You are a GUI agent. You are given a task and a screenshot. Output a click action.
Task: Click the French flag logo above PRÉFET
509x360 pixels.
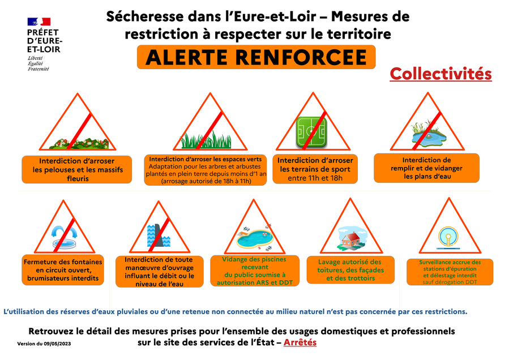click(x=39, y=22)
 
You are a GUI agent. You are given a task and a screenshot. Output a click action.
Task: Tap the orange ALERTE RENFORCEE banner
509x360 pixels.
click(x=256, y=57)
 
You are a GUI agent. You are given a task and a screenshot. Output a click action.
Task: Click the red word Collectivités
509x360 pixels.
click(x=440, y=74)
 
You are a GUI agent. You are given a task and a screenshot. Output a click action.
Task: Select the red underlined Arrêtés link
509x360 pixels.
click(x=300, y=342)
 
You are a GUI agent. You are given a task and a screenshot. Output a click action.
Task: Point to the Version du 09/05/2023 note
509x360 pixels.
click(x=44, y=344)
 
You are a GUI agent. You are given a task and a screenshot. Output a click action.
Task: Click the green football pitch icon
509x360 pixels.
click(x=311, y=132)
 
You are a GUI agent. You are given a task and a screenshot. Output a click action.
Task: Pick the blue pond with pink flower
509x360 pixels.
click(x=427, y=133)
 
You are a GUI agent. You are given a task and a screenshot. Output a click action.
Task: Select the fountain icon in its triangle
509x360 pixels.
click(x=65, y=238)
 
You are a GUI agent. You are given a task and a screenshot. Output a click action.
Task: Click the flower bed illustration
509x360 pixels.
click(x=79, y=143)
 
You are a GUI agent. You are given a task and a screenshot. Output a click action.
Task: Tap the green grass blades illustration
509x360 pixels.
click(x=206, y=140)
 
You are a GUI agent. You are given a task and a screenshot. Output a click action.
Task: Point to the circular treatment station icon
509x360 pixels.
click(x=448, y=238)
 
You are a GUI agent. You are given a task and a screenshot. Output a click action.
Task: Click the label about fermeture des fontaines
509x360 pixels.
click(x=63, y=270)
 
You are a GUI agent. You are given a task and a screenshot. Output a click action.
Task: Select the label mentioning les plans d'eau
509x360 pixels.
click(x=426, y=168)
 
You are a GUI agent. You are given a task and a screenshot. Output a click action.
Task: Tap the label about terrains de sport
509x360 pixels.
click(x=315, y=169)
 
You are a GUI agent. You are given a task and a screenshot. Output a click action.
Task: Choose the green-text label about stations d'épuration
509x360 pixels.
click(x=450, y=272)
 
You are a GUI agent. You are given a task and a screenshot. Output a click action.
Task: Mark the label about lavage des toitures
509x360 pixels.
click(x=350, y=270)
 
